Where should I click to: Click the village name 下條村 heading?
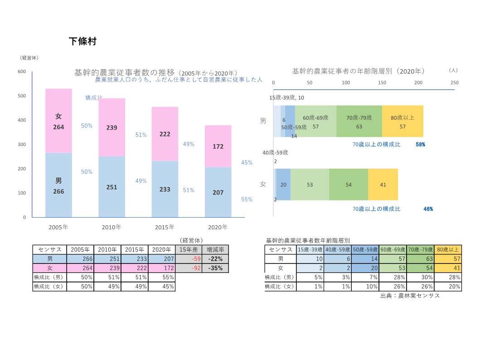tap(82, 41)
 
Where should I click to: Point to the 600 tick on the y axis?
tap(22, 72)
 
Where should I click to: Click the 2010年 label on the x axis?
tap(112, 227)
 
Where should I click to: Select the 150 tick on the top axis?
tap(382, 83)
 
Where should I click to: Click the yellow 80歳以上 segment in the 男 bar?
tap(402, 122)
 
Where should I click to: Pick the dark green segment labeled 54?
tap(349, 185)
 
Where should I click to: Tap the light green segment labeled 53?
tap(310, 185)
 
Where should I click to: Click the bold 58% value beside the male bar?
tap(420, 145)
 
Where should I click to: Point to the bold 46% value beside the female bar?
tap(428, 209)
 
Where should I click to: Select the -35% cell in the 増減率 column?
tap(215, 268)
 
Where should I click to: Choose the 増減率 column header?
tap(215, 249)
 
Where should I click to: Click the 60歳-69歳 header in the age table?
tap(393, 249)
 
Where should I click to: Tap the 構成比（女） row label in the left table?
tap(49, 287)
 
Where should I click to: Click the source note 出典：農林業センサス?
tap(410, 296)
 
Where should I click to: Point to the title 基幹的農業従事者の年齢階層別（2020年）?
tap(358, 71)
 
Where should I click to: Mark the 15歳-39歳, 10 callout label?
tap(286, 97)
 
